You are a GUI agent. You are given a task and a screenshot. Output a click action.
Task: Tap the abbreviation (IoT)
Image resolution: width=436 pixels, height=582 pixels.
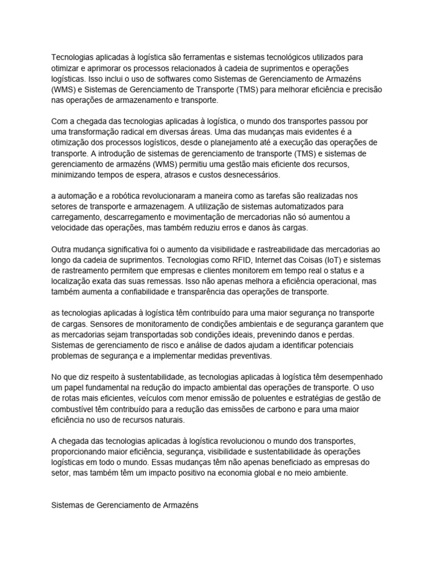[x=323, y=259]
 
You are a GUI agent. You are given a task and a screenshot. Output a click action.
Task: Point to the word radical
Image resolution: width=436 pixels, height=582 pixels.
[x=129, y=131]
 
